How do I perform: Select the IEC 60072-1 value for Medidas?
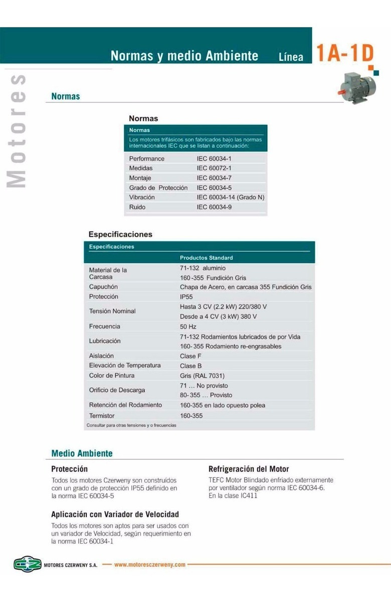point(214,168)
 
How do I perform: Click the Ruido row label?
point(137,207)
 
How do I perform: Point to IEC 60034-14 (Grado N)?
point(230,197)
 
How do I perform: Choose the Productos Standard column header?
point(206,257)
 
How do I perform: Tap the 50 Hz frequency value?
point(188,327)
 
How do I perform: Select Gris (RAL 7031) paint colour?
point(202,376)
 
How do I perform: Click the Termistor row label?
point(102,415)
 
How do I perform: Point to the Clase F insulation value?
point(191,356)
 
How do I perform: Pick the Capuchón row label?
point(103,287)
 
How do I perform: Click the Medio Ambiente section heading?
point(82,454)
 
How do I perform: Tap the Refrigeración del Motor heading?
point(249,469)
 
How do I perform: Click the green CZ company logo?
point(27,564)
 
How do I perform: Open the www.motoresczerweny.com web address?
point(150,564)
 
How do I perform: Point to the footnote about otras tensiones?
point(131,425)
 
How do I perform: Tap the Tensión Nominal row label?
point(112,311)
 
